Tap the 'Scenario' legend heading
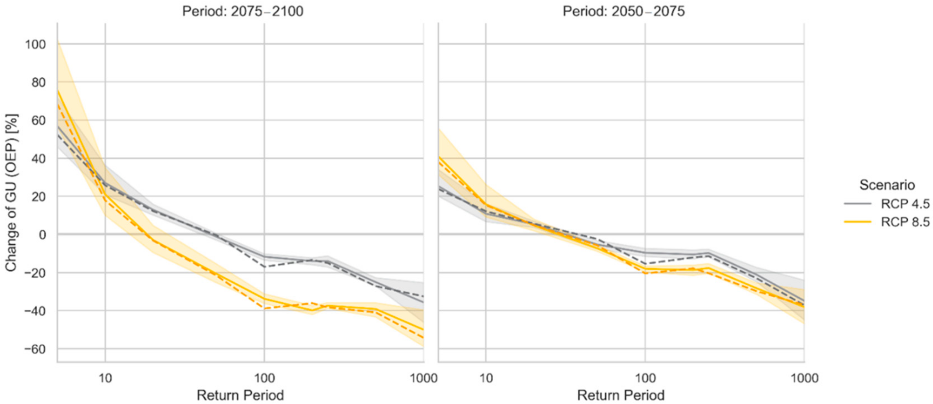887,185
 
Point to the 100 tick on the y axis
35,45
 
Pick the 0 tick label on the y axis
42,235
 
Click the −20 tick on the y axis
35,273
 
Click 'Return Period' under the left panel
240,395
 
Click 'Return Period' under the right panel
621,395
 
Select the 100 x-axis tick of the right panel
645,378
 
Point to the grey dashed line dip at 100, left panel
265,267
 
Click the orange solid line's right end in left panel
423,330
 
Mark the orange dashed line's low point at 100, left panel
265,309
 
